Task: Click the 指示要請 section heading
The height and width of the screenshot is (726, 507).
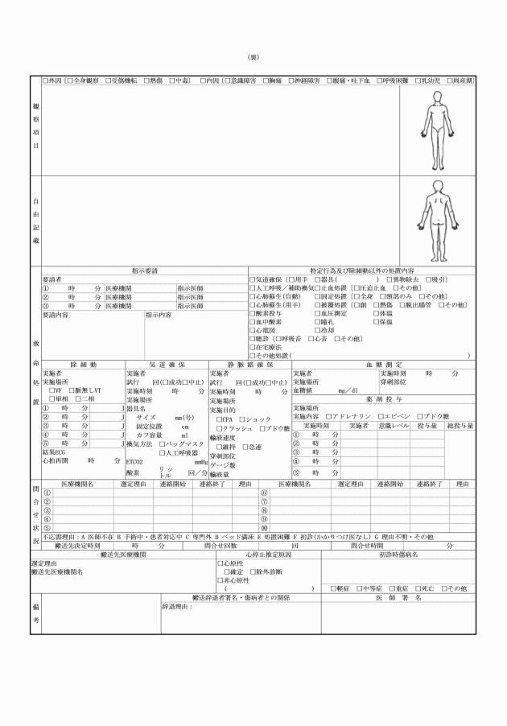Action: (145, 270)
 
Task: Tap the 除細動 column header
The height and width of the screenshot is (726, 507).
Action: (83, 365)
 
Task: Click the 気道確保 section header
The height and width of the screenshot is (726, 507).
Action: (167, 365)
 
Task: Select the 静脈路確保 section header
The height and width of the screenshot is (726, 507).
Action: (249, 365)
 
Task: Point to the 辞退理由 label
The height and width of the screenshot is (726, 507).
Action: (178, 606)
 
